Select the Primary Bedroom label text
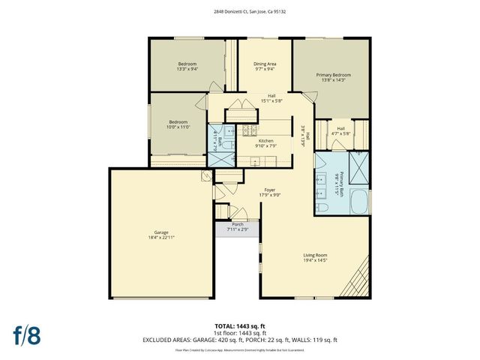pos(333,75)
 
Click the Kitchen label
pos(266,141)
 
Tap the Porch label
pos(237,224)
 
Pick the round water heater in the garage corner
pos(206,177)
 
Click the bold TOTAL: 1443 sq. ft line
pos(239,327)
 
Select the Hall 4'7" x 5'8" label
pos(341,130)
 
